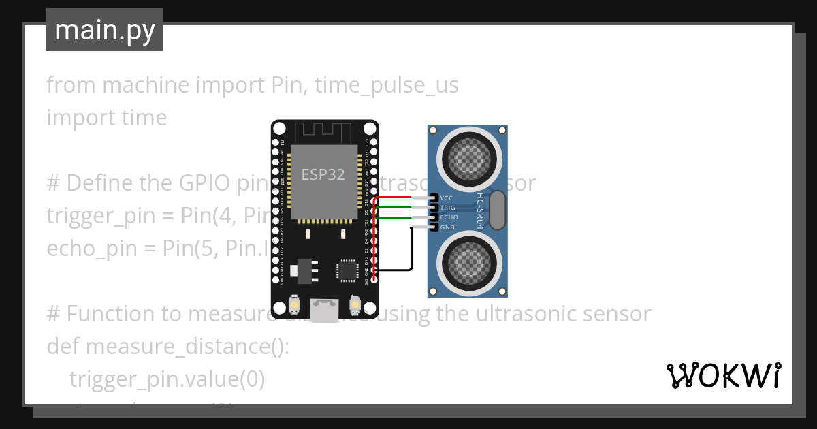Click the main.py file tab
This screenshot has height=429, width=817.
104,30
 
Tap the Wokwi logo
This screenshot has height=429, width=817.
723,375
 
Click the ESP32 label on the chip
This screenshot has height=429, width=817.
323,174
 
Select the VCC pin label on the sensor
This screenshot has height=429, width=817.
447,198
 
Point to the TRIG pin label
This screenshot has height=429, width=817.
448,208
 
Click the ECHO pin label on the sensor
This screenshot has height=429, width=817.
449,217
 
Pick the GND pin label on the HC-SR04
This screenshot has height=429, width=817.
447,227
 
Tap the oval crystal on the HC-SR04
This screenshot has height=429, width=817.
498,210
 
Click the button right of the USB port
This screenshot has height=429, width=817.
354,304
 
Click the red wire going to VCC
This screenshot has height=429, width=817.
402,197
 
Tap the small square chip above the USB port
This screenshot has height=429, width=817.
346,270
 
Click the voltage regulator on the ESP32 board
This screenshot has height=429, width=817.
303,270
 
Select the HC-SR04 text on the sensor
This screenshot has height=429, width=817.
479,210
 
